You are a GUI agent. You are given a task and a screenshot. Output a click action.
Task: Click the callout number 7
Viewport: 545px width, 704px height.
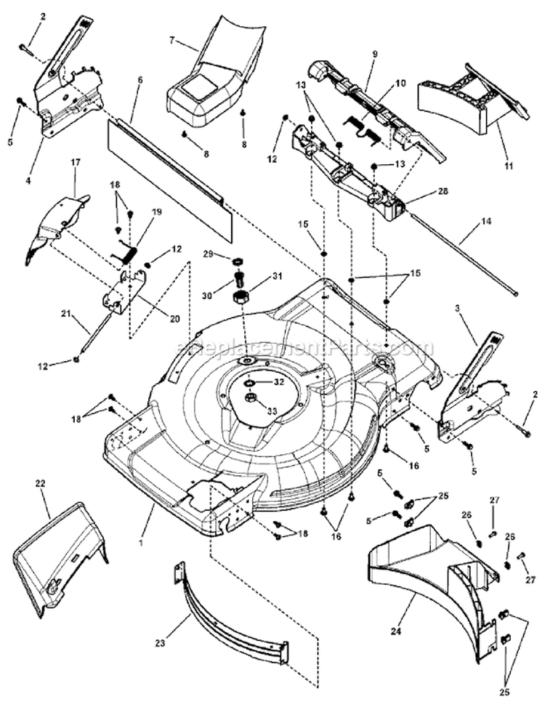[x=172, y=40]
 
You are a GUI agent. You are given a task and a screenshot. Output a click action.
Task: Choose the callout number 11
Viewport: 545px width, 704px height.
[x=509, y=166]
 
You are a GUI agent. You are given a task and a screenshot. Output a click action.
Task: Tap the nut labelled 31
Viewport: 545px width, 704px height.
[x=241, y=296]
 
